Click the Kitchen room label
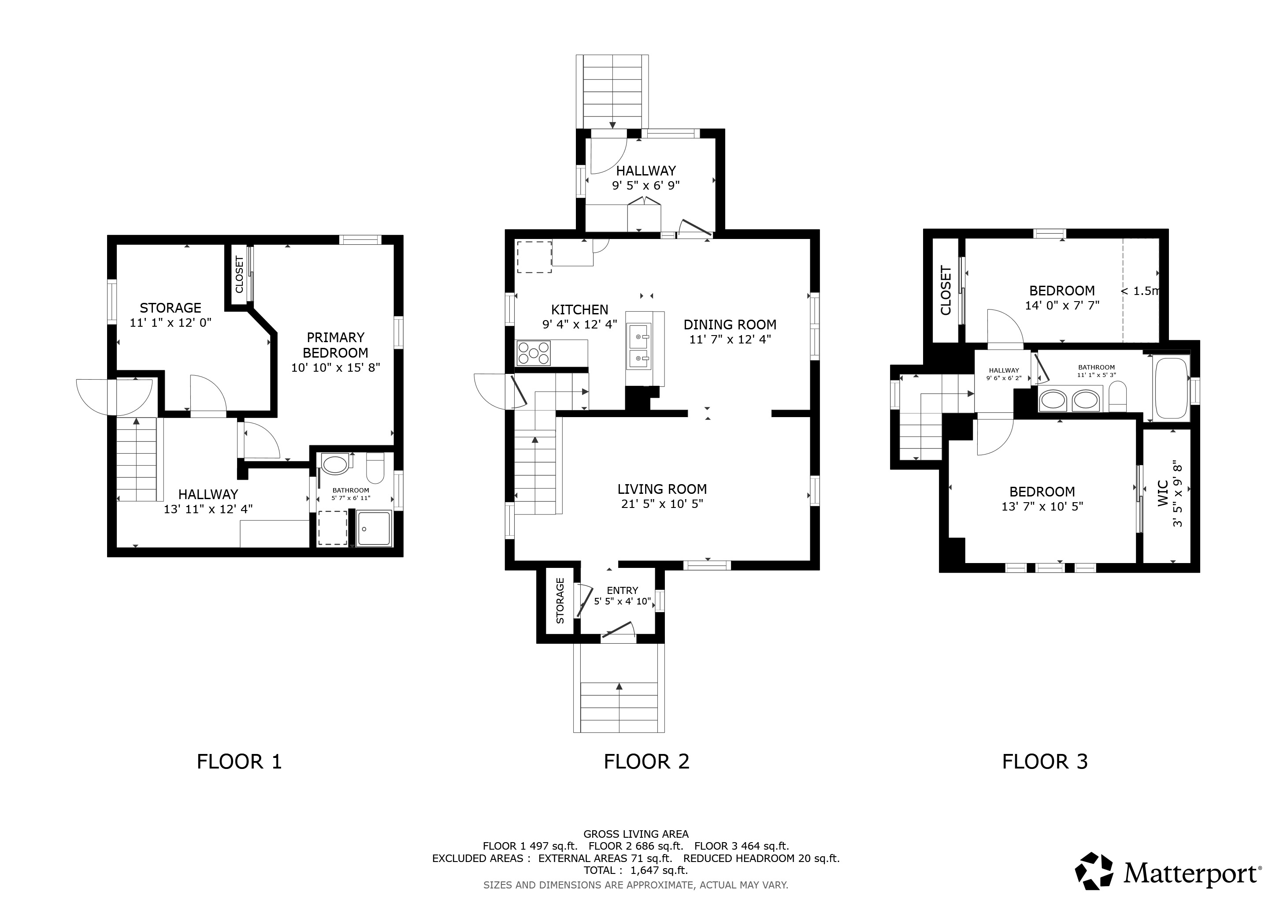580,310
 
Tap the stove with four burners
534,353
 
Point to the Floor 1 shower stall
374,528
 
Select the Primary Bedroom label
336,345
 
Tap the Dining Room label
730,325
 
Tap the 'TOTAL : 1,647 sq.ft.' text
636,870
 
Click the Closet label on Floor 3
946,290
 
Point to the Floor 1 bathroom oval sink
334,464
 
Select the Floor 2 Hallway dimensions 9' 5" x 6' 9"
646,185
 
